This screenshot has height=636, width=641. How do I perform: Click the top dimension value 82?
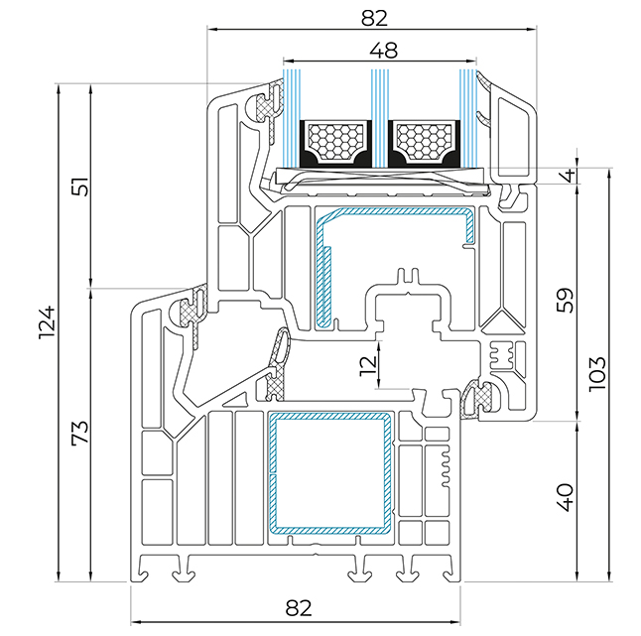tap(374, 18)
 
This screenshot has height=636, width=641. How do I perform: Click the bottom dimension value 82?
tap(299, 608)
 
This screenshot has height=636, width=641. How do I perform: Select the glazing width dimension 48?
tap(383, 51)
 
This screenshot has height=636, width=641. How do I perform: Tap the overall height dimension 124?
tap(47, 322)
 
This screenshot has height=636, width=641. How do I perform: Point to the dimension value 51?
tap(79, 187)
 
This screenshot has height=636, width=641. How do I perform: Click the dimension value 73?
tap(79, 433)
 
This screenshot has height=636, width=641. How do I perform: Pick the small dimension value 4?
tap(569, 176)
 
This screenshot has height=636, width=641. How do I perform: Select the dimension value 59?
tap(566, 300)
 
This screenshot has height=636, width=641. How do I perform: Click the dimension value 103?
tap(597, 374)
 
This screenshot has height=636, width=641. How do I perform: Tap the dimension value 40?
tap(566, 497)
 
